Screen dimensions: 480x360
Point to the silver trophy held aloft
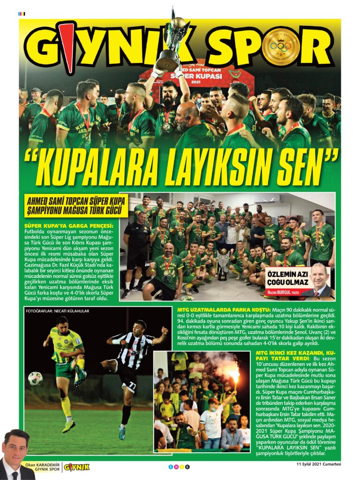(170, 42)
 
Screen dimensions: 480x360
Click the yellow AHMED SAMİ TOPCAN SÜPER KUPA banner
(77, 206)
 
